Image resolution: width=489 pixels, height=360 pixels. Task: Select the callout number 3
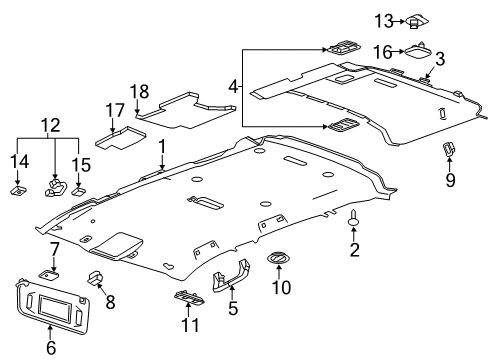(439, 58)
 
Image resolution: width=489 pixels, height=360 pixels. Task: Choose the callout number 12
(49, 123)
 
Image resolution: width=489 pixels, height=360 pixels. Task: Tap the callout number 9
(449, 179)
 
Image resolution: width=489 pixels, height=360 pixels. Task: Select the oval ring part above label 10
(277, 260)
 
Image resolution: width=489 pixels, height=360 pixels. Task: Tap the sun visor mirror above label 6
(51, 306)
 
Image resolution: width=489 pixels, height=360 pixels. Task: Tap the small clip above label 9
(449, 149)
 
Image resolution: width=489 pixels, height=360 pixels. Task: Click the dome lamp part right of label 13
(416, 20)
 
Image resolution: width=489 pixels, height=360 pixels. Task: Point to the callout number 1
(160, 148)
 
